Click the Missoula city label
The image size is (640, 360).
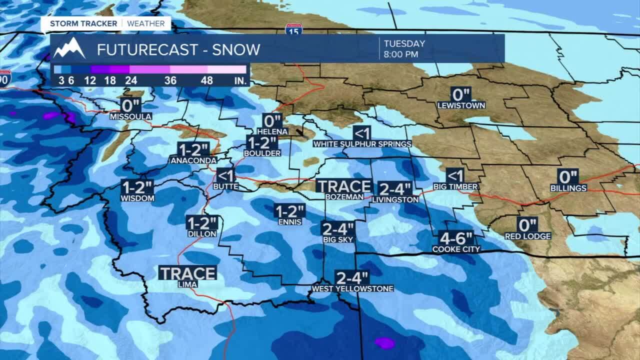(130, 116)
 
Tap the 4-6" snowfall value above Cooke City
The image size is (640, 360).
(455, 237)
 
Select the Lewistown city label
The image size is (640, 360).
(460, 105)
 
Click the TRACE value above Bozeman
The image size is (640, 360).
(344, 186)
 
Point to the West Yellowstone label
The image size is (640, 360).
(352, 288)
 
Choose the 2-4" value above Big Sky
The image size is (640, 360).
(338, 229)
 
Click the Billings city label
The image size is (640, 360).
(568, 188)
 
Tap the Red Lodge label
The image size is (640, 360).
(527, 236)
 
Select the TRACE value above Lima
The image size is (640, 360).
(187, 273)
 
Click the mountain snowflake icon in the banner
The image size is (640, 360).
(69, 49)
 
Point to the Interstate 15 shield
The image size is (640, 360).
(293, 29)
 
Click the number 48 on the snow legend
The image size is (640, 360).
(207, 80)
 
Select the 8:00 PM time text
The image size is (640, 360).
(401, 54)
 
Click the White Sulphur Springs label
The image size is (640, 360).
(362, 144)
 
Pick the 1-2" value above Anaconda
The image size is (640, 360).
(193, 149)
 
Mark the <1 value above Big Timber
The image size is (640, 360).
(455, 175)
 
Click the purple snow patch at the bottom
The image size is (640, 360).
(384, 343)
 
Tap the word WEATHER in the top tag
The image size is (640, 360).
(145, 23)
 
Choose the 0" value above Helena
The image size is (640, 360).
(272, 121)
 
